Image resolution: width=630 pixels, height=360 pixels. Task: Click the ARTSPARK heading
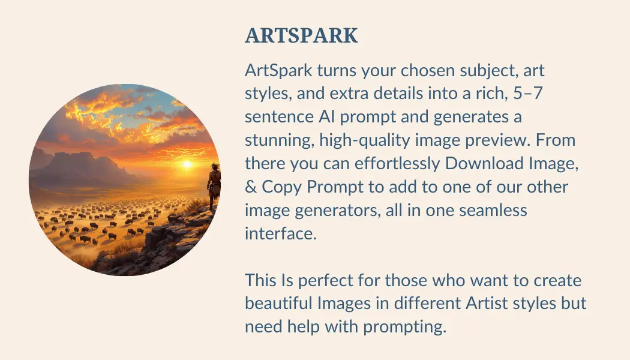pyautogui.click(x=301, y=36)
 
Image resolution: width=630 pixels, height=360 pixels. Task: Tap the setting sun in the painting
pyautogui.click(x=187, y=163)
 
